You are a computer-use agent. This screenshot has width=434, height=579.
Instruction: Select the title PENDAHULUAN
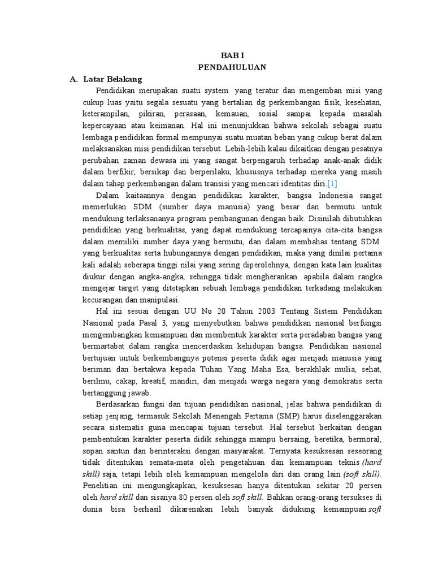(x=232, y=67)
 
